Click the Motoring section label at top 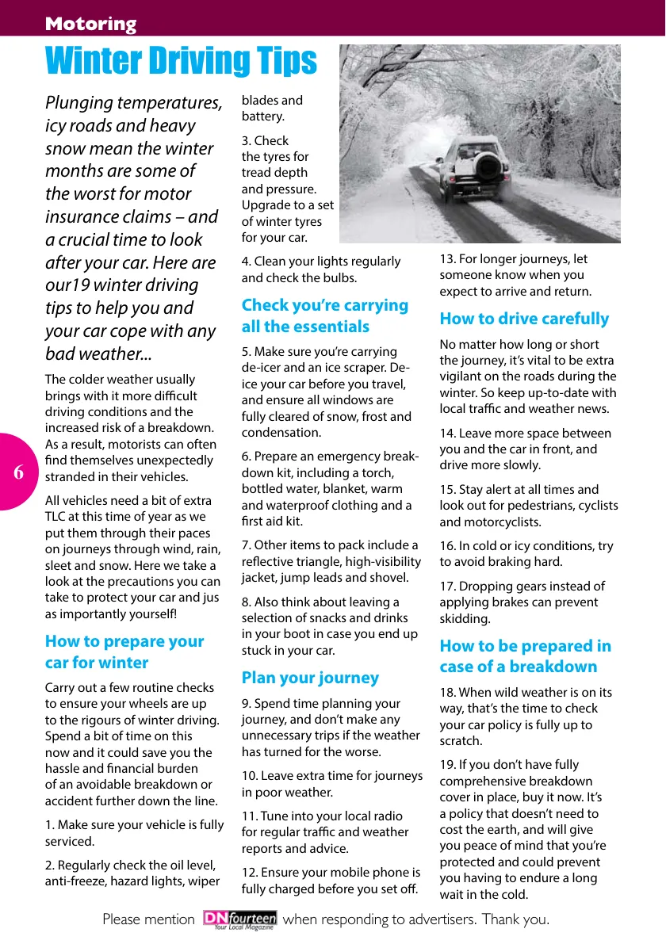(x=90, y=24)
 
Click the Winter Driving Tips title (x=181, y=61)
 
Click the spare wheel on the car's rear (x=488, y=167)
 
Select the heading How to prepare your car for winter (x=124, y=652)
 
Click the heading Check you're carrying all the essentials (x=325, y=315)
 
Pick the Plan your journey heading (x=310, y=678)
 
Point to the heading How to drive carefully (x=524, y=319)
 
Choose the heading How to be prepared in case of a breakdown (x=526, y=656)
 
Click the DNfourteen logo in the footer (x=239, y=919)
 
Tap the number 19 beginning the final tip (x=447, y=765)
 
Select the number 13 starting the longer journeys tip (x=447, y=258)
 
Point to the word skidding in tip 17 (x=464, y=618)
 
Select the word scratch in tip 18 (x=460, y=740)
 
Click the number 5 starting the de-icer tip (x=246, y=351)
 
